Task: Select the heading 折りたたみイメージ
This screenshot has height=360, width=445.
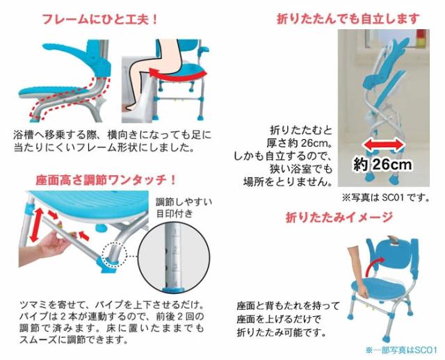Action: pos(339,217)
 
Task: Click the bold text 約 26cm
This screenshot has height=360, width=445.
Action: pos(382,165)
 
